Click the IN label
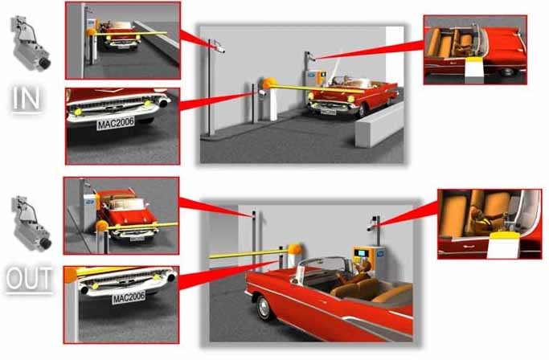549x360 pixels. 27,99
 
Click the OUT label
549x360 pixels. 30,279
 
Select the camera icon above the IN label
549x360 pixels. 30,43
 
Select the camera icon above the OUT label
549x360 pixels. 31,223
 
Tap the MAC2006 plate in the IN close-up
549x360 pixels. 116,123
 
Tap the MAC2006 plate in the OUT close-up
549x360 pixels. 129,297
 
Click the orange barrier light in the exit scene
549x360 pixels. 295,249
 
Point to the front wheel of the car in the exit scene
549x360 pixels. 264,307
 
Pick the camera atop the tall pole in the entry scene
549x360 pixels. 219,47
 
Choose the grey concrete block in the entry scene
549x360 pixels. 379,125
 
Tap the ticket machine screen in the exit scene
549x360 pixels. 360,253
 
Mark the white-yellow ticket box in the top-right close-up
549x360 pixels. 473,71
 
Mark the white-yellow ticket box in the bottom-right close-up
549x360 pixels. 502,244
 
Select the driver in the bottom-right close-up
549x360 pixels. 485,220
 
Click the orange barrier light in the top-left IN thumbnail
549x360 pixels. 91,33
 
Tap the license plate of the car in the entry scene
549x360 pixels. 328,112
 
